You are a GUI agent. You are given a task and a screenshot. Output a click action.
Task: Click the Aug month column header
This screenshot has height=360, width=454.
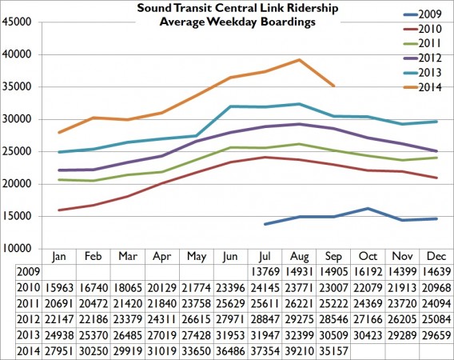299,258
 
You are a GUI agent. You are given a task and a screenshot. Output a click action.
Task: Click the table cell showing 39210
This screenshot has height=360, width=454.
299,350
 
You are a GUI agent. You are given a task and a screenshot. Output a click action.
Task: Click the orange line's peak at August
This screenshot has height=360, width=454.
299,60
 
